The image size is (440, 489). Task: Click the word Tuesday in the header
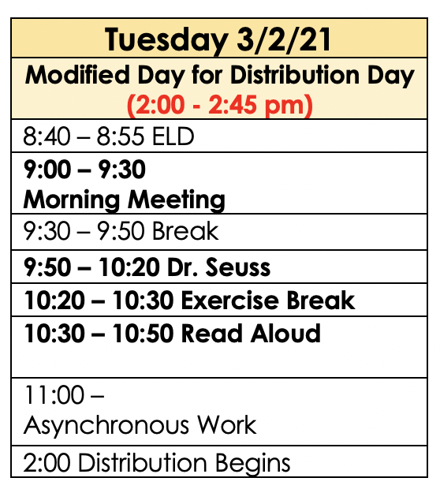(x=166, y=40)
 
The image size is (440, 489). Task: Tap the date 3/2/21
(x=284, y=39)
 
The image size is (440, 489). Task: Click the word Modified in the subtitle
(x=77, y=75)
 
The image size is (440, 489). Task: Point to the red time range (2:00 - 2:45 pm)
(x=220, y=105)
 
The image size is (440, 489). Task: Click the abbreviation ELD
(x=173, y=136)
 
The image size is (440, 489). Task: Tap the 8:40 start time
(x=47, y=136)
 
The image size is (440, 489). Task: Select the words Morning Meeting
(x=124, y=200)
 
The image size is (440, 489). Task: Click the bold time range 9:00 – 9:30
(x=84, y=170)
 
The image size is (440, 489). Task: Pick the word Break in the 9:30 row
(x=185, y=231)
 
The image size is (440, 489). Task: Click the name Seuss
(x=238, y=267)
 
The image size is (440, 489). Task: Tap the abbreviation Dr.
(x=183, y=267)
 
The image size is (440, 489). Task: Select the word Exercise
(x=229, y=300)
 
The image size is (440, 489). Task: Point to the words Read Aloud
(x=251, y=334)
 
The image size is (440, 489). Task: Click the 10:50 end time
(x=143, y=334)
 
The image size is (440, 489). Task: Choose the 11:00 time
(x=54, y=395)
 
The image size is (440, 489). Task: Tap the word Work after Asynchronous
(x=227, y=425)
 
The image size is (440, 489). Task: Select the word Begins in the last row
(x=252, y=464)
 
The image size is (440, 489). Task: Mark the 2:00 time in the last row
(x=47, y=462)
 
